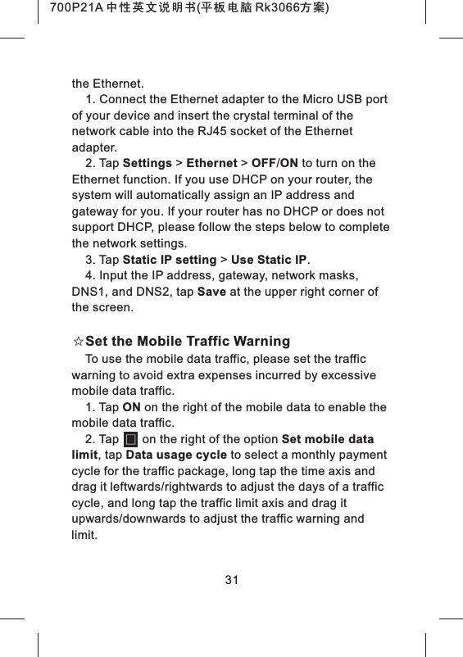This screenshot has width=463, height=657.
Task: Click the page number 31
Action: coord(231,580)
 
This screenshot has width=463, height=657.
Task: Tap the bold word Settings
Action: coord(147,163)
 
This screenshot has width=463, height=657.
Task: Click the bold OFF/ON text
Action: coord(275,163)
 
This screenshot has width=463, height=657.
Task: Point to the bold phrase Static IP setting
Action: coord(169,261)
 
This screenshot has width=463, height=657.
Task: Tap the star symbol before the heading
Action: coord(78,341)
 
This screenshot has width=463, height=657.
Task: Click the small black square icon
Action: coord(129,440)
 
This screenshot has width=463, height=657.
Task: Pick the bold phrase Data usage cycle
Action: coord(176,455)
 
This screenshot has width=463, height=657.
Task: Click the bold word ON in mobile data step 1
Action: coord(131,407)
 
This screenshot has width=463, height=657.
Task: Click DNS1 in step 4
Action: coord(88,292)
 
